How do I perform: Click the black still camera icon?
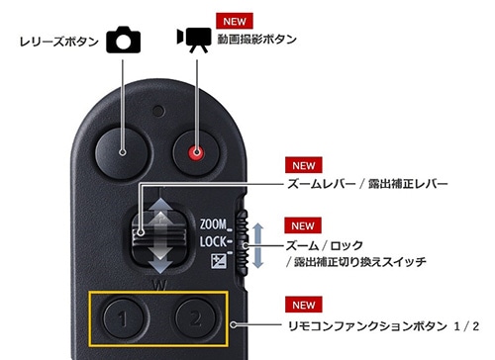(x=124, y=40)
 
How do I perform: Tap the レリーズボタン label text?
(x=59, y=42)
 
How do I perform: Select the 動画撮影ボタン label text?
(x=256, y=40)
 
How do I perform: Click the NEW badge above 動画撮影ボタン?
(x=235, y=21)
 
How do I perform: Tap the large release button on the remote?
(x=122, y=153)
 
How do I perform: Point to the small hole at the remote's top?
(x=158, y=111)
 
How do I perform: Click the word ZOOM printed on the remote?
(x=213, y=225)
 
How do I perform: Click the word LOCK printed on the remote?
(x=213, y=242)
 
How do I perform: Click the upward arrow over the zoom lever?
(x=160, y=214)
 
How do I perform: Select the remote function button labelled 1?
(x=124, y=318)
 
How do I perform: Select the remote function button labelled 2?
(x=195, y=318)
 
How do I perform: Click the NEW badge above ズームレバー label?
(x=304, y=165)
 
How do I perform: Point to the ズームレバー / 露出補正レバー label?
(x=367, y=184)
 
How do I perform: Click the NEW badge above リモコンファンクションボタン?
(x=304, y=305)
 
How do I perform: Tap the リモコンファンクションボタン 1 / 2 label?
(x=383, y=326)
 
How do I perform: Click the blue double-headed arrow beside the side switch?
(x=258, y=245)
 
